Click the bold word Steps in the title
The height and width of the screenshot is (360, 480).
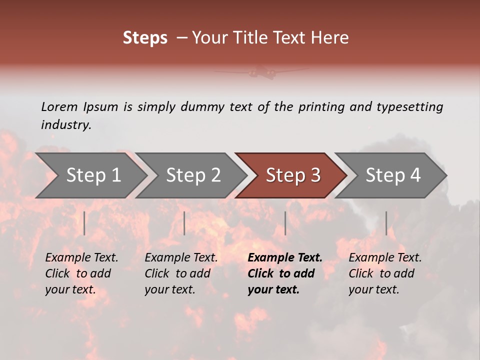pos(145,38)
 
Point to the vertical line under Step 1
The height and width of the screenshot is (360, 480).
pos(84,223)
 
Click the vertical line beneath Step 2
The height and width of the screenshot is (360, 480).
pos(184,223)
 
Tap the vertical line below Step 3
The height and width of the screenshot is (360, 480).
pos(285,223)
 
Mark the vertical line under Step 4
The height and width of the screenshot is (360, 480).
pos(386,223)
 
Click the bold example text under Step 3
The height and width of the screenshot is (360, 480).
pos(284,273)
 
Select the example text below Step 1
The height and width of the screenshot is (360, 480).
pos(81,273)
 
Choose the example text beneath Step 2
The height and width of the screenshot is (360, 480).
pos(181,273)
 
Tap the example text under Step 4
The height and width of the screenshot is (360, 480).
pos(385,273)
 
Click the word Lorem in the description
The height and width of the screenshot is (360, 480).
pos(59,106)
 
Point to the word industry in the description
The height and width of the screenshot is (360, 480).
pos(66,125)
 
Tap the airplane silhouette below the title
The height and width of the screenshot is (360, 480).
pos(262,73)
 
